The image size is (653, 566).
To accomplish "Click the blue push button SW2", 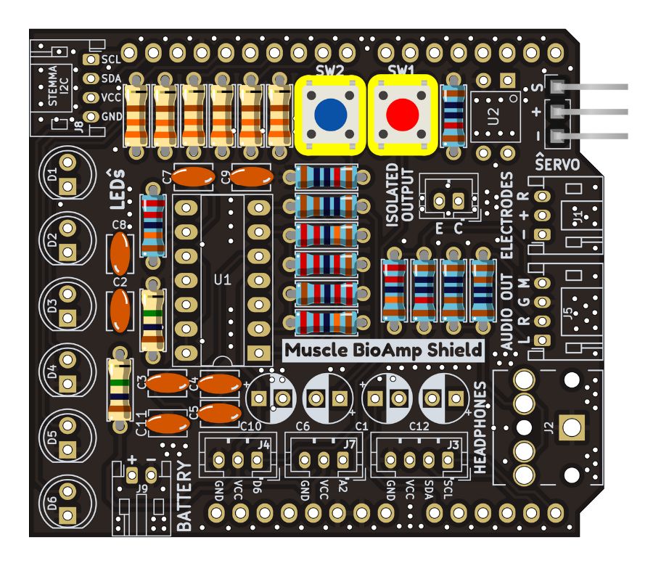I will (330, 113).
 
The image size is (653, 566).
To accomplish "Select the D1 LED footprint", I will (67, 173).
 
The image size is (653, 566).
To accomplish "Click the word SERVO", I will (557, 164).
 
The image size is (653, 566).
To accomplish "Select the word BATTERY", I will (184, 498).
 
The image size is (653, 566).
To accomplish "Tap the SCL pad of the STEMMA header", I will (92, 60).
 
